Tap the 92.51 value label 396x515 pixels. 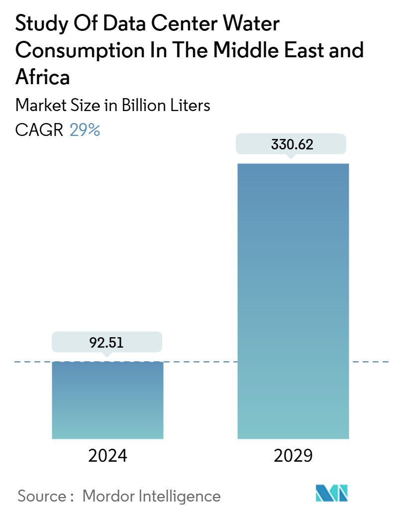[x=107, y=343]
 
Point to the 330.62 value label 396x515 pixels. [x=292, y=145]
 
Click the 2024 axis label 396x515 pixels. [x=107, y=455]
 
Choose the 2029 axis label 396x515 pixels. [x=293, y=455]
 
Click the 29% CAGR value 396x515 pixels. [x=85, y=130]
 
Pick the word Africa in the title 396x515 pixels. [x=43, y=77]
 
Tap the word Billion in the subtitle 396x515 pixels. [x=143, y=106]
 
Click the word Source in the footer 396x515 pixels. [x=42, y=496]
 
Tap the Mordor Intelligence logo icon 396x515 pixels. [x=332, y=493]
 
